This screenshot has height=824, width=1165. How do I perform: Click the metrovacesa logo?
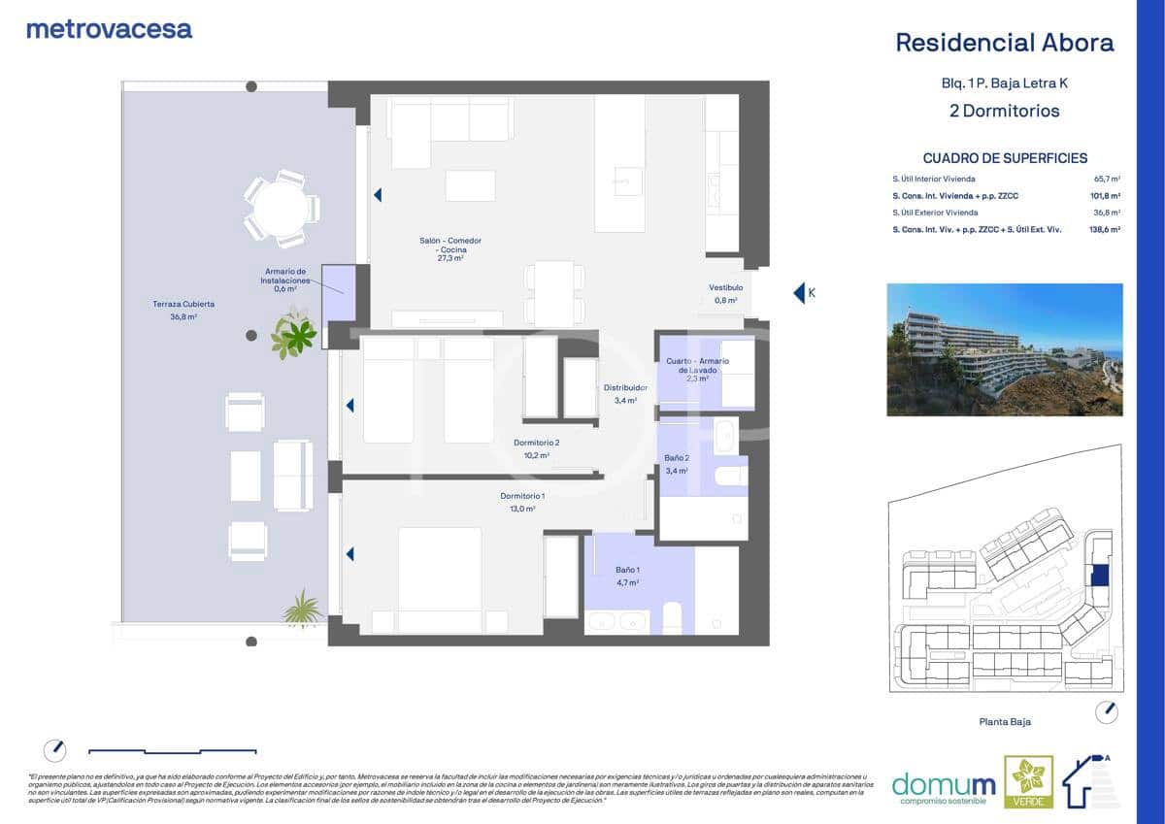[109, 29]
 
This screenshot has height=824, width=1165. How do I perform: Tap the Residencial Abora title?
[1004, 43]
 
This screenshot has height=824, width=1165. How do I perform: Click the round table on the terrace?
[282, 208]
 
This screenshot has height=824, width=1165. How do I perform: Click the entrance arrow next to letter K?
[799, 292]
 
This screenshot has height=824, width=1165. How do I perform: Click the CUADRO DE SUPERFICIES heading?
[1005, 158]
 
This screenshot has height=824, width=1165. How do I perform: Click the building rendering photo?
[1004, 349]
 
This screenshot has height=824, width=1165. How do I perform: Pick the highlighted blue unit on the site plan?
[1099, 575]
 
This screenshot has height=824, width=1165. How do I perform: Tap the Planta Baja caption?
[1004, 722]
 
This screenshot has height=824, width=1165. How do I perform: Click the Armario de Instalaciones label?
[285, 280]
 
